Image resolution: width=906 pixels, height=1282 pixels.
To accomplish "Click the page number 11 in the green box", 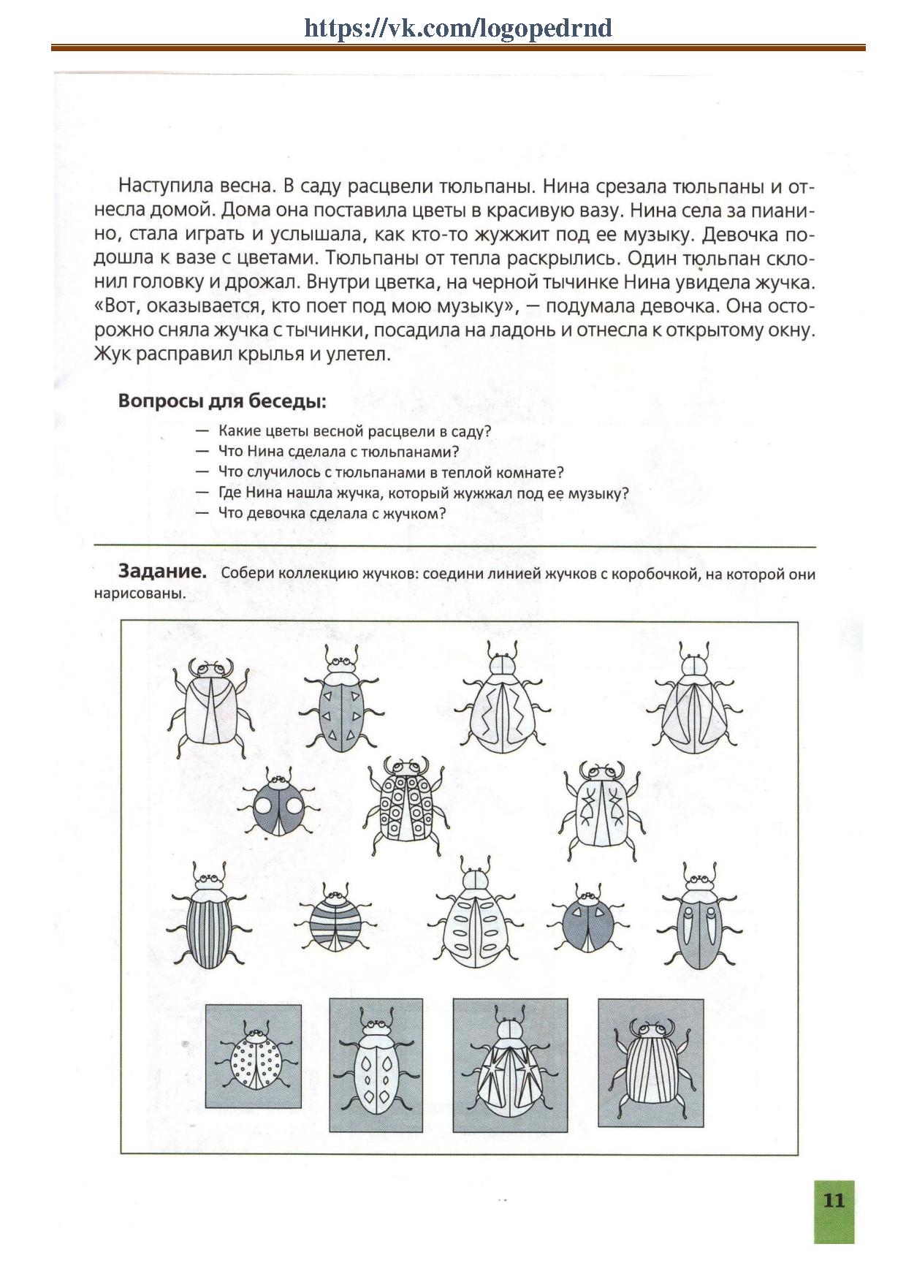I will pos(834,1200).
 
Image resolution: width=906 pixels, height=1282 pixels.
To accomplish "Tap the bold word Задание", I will pos(162,572).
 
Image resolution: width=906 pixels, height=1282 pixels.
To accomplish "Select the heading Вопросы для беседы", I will pos(221,401).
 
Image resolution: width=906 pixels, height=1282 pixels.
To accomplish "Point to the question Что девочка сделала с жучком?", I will pos(332,513).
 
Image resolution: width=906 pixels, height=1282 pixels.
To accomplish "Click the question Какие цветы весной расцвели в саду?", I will pos(354,431).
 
